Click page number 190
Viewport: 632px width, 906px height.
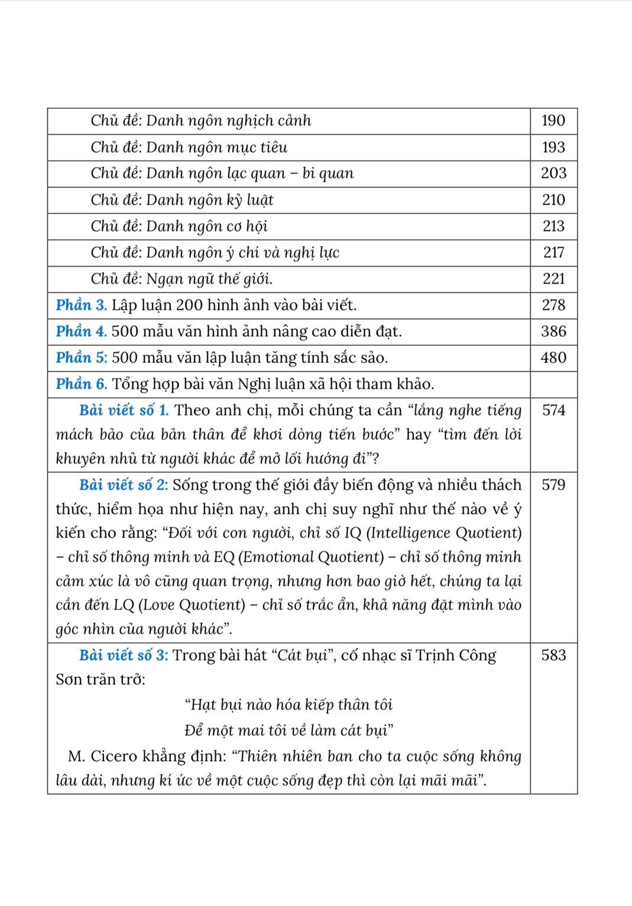pos(553,121)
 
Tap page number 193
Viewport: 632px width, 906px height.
pos(553,147)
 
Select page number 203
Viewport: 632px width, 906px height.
pos(553,173)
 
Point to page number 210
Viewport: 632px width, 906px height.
pos(553,200)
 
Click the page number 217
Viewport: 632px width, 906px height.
pos(553,252)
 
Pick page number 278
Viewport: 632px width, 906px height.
pos(553,305)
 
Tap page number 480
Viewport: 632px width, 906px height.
pos(553,358)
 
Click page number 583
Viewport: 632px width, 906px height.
pos(553,655)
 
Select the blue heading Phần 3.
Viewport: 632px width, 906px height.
pos(82,305)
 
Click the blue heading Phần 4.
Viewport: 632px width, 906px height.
pos(82,332)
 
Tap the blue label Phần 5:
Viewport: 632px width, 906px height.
pos(82,358)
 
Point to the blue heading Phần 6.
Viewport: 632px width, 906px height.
pos(82,384)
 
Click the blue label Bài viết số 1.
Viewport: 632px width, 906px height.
pos(124,410)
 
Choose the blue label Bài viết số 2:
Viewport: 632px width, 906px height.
pos(124,485)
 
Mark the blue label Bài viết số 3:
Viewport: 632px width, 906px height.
pos(124,655)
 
